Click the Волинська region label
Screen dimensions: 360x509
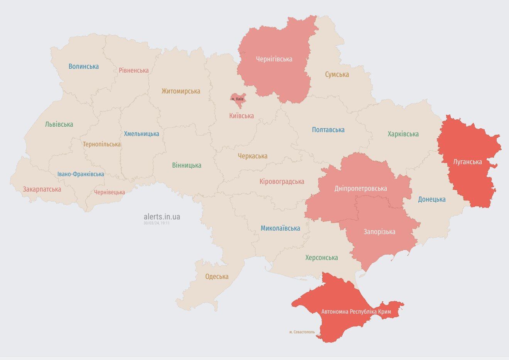(x=83, y=66)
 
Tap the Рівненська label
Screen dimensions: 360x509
(x=134, y=70)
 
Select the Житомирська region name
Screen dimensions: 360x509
(x=181, y=91)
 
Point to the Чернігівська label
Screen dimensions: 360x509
(x=274, y=59)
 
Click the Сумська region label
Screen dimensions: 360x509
(x=337, y=75)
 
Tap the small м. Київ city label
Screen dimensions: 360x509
(x=237, y=99)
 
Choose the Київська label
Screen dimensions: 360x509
(x=241, y=115)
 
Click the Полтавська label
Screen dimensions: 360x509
(x=328, y=130)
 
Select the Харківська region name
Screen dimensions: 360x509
(x=403, y=134)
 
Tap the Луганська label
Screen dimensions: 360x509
(x=467, y=162)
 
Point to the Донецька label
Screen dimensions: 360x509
(x=431, y=199)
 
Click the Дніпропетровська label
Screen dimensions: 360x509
(x=360, y=188)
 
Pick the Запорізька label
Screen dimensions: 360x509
(x=379, y=232)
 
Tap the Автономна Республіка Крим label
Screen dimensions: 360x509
(x=356, y=311)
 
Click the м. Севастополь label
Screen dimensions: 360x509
(x=302, y=332)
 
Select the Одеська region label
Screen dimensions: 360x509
(x=216, y=277)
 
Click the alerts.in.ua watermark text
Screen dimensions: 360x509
(x=162, y=217)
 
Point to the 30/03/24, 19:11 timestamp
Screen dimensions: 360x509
(x=156, y=223)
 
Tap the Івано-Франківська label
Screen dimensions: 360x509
(x=81, y=174)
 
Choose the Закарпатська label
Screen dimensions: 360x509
(x=42, y=189)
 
